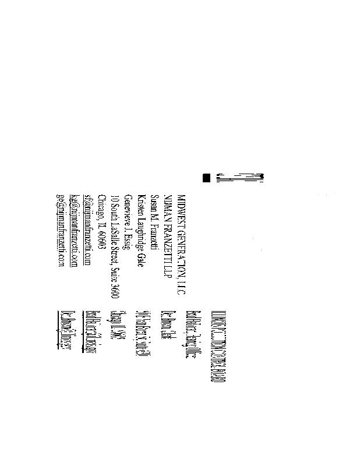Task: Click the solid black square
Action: (x=206, y=178)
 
